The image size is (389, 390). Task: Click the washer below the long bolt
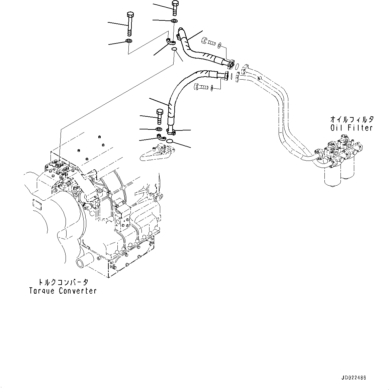pos(128,41)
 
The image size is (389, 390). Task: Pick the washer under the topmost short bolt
pos(174,21)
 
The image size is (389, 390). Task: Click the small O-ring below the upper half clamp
pos(174,50)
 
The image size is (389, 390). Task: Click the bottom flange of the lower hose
pos(171,131)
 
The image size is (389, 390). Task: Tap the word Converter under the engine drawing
pos(78,291)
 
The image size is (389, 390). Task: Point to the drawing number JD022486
pos(354,378)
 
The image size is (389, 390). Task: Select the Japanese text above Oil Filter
pos(352,119)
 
